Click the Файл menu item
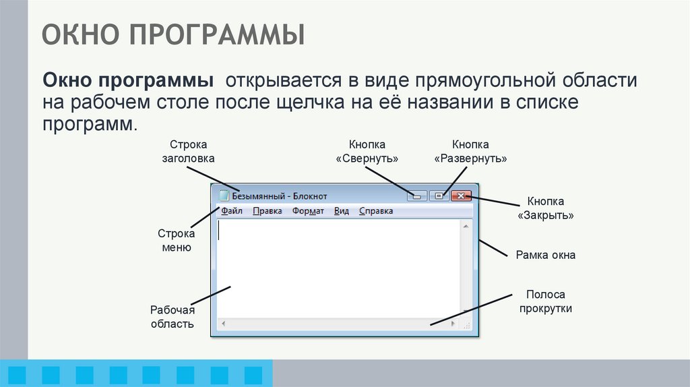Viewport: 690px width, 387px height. [231, 211]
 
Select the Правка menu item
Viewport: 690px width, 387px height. [268, 211]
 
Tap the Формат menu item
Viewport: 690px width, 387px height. [308, 211]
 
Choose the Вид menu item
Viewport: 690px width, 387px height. [342, 211]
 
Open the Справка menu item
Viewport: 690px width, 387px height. [376, 211]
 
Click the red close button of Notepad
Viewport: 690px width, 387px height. [461, 196]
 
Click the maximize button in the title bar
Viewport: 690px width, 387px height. [439, 196]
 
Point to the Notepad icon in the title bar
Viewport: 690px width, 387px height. [224, 196]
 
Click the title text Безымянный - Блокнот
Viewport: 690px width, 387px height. [280, 196]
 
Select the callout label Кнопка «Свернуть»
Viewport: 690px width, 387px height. [367, 152]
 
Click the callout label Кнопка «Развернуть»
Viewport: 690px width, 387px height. [470, 152]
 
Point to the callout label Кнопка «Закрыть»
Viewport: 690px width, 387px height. [546, 209]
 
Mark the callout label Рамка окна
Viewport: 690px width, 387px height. [546, 256]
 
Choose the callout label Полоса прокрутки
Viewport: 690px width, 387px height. [546, 301]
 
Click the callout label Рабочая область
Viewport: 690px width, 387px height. [172, 317]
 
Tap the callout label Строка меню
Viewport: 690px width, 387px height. [177, 241]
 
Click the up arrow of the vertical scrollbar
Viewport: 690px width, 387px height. [466, 227]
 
